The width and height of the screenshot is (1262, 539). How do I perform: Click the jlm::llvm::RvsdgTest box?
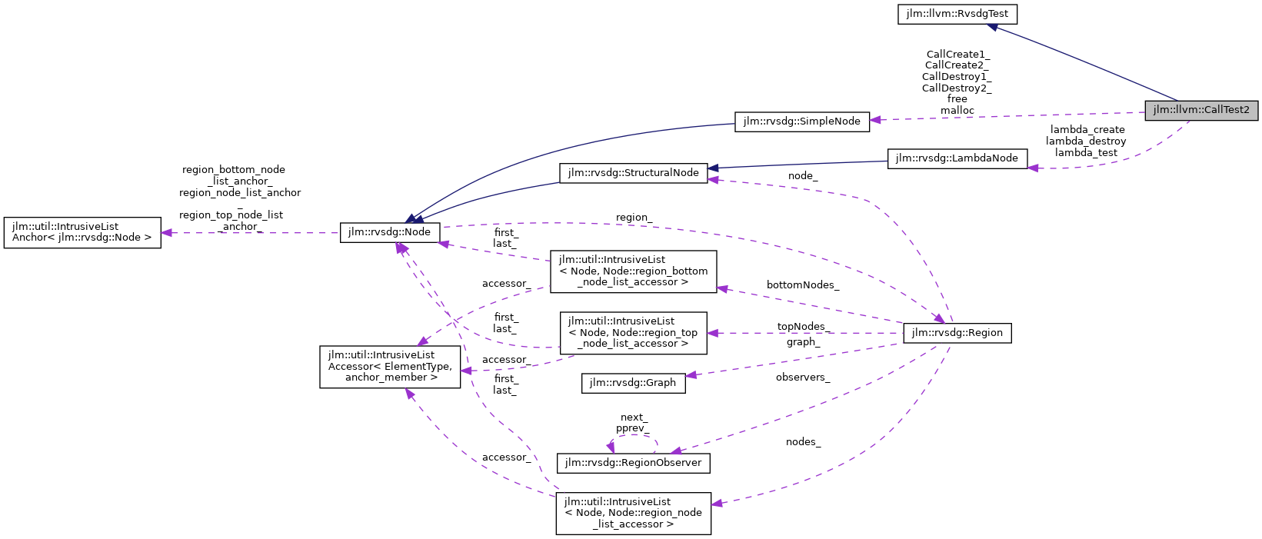[957, 14]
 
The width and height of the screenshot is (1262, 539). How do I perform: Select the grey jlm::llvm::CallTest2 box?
[1201, 110]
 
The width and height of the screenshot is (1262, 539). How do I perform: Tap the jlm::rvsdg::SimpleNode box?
[802, 121]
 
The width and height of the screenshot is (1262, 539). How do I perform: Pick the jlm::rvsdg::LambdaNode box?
[957, 158]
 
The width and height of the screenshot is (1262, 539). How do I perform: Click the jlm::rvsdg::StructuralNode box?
[633, 173]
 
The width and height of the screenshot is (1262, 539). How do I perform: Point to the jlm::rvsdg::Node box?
[390, 232]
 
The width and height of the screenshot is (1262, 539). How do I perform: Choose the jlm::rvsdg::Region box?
[957, 333]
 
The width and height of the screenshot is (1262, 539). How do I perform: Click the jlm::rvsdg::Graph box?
[633, 383]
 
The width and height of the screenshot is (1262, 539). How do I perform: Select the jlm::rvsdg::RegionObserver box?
[633, 463]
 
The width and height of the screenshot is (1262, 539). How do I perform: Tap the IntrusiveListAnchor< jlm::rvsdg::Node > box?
[82, 232]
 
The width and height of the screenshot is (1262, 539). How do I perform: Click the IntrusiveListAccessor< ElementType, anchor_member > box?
[390, 366]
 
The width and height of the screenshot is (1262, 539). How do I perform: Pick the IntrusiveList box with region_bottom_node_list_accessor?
[633, 271]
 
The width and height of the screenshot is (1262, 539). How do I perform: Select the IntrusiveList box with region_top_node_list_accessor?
[633, 332]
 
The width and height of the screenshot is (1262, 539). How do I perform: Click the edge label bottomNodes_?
[802, 285]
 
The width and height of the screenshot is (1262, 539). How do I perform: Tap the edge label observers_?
[802, 378]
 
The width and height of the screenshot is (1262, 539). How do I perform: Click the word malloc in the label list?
[957, 111]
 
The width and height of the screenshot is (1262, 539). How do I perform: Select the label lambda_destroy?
[1085, 141]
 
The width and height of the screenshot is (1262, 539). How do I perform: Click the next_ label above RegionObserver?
[634, 418]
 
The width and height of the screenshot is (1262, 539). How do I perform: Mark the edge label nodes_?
[803, 442]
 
